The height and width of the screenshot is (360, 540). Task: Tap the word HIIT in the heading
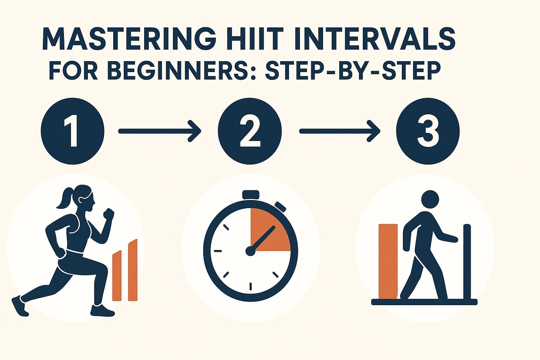click(245, 39)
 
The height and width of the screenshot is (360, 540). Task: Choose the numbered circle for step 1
click(72, 131)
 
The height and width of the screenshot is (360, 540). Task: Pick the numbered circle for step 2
click(250, 131)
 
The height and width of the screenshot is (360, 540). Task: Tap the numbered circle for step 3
click(428, 131)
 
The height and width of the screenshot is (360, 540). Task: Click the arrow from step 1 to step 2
click(160, 131)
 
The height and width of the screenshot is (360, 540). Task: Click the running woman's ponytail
click(63, 199)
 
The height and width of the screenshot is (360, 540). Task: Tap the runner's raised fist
click(109, 214)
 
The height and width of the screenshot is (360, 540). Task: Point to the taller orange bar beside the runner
click(133, 270)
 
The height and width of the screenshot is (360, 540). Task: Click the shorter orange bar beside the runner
click(117, 276)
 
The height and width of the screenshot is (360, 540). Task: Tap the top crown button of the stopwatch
click(251, 194)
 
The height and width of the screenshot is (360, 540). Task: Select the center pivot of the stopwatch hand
click(250, 251)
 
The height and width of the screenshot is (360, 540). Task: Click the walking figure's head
click(430, 199)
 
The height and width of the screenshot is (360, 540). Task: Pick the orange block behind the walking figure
click(388, 261)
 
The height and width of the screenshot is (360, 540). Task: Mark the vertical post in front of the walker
click(467, 262)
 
